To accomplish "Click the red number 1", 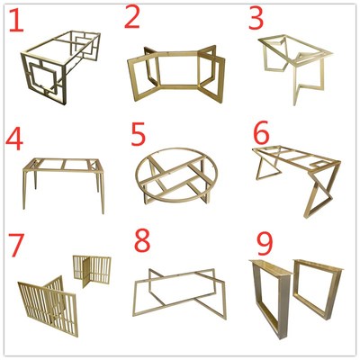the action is pyautogui.click(x=17, y=21).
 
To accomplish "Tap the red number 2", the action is pyautogui.click(x=132, y=16).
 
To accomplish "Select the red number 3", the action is pyautogui.click(x=256, y=18).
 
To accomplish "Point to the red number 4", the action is pyautogui.click(x=14, y=139).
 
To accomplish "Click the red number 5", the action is pyautogui.click(x=139, y=134).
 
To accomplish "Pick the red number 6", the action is pyautogui.click(x=261, y=134).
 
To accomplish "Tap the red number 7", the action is pyautogui.click(x=15, y=245).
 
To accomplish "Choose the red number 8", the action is pyautogui.click(x=142, y=240).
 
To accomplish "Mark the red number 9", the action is pyautogui.click(x=265, y=244).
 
